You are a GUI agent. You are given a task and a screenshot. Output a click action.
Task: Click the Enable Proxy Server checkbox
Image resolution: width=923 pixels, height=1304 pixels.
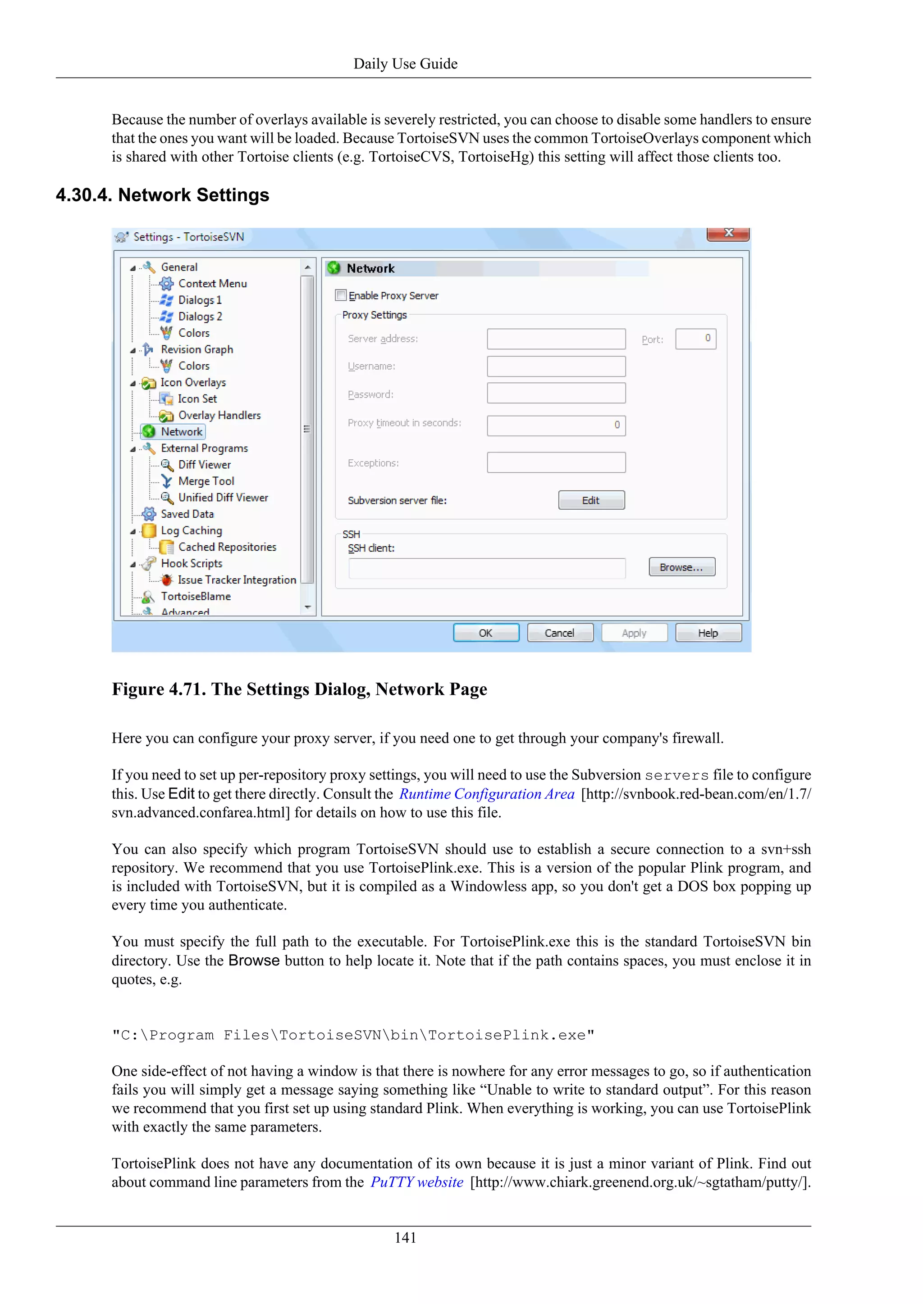[341, 295]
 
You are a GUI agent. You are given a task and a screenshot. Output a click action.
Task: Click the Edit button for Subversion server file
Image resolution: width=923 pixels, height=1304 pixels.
[591, 500]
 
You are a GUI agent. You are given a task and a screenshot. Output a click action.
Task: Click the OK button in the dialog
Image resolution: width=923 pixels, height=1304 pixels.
[486, 633]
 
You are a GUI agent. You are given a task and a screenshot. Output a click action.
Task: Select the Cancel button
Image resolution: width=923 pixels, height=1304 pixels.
[560, 633]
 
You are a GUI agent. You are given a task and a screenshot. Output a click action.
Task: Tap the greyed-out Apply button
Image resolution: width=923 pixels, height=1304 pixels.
[634, 633]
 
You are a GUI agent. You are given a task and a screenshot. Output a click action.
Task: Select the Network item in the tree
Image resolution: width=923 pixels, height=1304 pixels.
[181, 432]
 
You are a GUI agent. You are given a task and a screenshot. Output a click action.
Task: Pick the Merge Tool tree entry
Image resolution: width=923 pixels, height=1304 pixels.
[206, 481]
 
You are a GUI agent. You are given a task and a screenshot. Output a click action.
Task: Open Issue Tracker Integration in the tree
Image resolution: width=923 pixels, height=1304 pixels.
[237, 580]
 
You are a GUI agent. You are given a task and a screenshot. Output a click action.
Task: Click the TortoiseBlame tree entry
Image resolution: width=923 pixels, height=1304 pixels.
[196, 596]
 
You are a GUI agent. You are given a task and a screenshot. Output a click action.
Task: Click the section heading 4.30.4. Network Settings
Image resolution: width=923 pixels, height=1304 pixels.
[163, 195]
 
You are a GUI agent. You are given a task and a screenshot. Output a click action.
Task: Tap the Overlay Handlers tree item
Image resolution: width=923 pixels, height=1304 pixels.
[219, 415]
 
